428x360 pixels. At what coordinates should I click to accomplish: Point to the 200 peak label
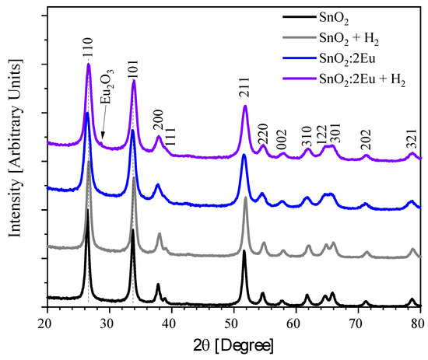click(x=159, y=124)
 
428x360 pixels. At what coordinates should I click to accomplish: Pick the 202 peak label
click(x=367, y=142)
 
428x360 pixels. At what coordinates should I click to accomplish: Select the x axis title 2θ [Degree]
click(x=233, y=344)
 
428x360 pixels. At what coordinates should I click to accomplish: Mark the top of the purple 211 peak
click(x=245, y=106)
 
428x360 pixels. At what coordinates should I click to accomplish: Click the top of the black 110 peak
click(x=87, y=210)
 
